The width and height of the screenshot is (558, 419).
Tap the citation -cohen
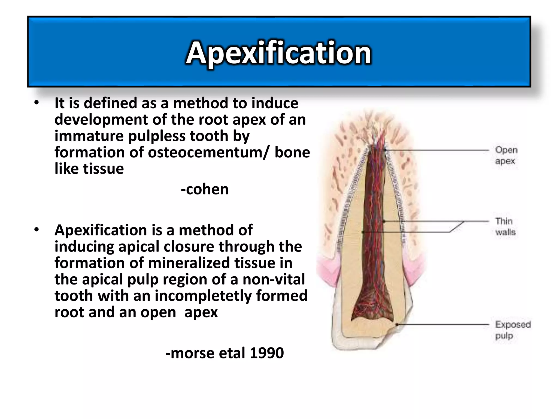[x=205, y=189]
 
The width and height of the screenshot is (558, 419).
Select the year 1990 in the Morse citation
[x=267, y=353]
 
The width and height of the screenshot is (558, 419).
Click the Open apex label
[x=506, y=155]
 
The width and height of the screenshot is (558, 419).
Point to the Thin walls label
[x=505, y=226]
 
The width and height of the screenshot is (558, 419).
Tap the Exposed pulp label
[x=512, y=330]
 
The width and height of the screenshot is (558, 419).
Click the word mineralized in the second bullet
[x=189, y=263]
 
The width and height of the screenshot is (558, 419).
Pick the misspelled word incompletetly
[x=203, y=296]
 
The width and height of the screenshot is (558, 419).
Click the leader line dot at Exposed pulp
[x=397, y=325]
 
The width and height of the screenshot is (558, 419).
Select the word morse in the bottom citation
[x=192, y=353]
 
